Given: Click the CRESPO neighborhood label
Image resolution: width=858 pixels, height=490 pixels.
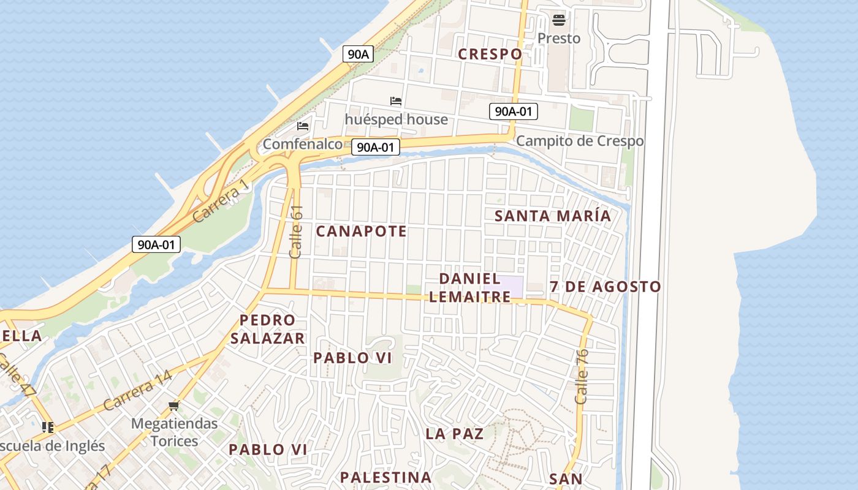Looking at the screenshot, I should tap(490, 54).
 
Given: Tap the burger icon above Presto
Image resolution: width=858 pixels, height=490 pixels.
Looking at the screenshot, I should tap(558, 20).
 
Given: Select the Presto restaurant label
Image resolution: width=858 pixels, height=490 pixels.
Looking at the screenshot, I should tap(558, 39).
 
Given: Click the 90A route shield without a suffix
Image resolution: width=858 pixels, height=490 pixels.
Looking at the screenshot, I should tap(358, 54).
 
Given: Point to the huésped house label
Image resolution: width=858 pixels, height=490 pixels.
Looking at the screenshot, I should tap(396, 119).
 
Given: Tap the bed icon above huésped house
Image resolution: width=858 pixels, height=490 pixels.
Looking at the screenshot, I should tap(396, 101).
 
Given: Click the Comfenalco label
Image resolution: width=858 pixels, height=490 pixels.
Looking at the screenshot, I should tap(302, 145).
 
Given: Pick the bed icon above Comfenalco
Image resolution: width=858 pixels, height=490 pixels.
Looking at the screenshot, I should tap(302, 126).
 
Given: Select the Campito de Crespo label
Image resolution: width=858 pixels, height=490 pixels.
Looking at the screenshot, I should tap(580, 141).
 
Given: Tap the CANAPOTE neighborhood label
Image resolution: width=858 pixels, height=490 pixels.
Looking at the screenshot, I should tap(361, 232).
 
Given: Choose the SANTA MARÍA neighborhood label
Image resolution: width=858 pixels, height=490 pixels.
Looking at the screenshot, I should tap(553, 216).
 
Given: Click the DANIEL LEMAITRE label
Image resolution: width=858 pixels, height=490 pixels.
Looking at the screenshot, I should tap(470, 288).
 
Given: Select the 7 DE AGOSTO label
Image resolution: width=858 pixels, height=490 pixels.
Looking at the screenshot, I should tap(606, 287).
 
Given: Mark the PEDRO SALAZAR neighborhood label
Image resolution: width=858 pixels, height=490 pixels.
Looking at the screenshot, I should tap(267, 329).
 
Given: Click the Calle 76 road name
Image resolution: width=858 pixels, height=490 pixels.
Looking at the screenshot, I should tap(582, 376).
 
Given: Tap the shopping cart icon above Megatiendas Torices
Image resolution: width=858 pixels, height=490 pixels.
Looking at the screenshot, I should tap(174, 405).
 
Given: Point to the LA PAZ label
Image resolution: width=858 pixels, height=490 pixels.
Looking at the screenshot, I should tap(455, 434).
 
